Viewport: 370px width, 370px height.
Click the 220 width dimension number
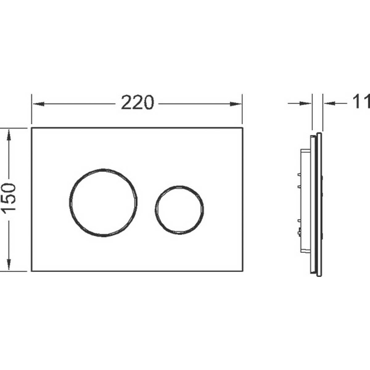(x=138, y=103)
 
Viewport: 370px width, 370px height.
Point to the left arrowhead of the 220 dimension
(x=39, y=104)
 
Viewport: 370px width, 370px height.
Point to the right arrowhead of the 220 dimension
(x=236, y=104)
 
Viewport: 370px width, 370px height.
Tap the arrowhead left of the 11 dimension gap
(x=305, y=104)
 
